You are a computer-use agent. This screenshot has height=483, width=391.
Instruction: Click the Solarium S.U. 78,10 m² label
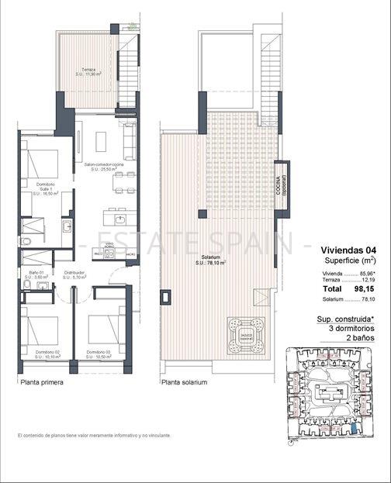[x=210, y=260]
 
